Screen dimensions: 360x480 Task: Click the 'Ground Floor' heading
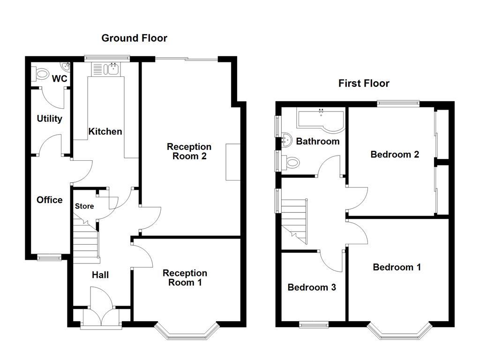(134, 38)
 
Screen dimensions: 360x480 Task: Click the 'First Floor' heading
(364, 83)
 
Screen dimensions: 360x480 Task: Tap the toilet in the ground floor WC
(41, 74)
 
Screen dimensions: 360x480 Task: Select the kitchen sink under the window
(111, 69)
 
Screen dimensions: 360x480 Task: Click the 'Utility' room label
(50, 119)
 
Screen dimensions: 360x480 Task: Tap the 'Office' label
(50, 200)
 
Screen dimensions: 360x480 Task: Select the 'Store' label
(84, 206)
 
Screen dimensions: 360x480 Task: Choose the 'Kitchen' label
(105, 132)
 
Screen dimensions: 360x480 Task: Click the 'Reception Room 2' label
(189, 151)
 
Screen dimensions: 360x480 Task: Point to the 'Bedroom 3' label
(312, 287)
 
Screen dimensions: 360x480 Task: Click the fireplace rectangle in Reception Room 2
(232, 162)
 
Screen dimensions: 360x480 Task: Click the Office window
(49, 257)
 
